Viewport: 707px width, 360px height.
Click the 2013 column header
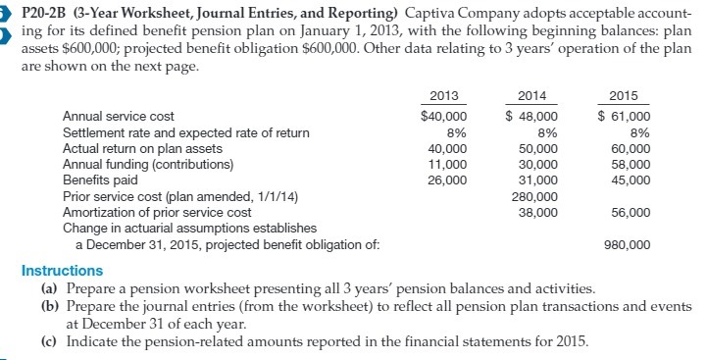(x=446, y=96)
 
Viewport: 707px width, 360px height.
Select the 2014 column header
(x=530, y=96)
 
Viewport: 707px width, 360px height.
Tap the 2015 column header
(x=624, y=96)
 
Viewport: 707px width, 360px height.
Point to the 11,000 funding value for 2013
(x=449, y=165)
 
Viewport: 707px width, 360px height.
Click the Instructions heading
(x=62, y=270)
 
